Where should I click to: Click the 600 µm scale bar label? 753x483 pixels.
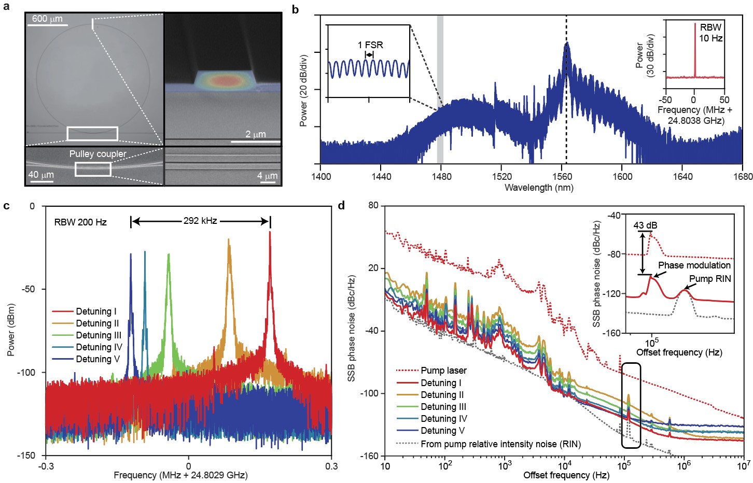(47, 19)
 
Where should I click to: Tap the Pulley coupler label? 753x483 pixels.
(97, 154)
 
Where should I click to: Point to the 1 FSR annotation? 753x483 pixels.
(370, 45)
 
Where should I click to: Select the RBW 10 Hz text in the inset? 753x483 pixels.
(710, 33)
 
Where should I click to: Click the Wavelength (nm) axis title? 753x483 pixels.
(539, 188)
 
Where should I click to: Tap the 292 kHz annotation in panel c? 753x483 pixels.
(200, 221)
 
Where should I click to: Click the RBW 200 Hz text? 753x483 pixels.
(80, 222)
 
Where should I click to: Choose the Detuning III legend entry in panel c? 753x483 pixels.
(99, 335)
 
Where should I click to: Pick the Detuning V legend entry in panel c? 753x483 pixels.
(97, 359)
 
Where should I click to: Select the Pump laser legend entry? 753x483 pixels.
(443, 371)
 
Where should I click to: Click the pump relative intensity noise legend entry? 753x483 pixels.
(500, 444)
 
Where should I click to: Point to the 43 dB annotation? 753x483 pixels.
(645, 225)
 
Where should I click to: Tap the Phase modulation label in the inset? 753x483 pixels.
(694, 265)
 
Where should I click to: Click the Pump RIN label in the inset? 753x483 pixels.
(710, 279)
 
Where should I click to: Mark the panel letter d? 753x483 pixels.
(341, 206)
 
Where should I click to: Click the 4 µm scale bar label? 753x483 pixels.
(267, 176)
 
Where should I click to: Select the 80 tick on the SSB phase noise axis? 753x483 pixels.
(373, 206)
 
